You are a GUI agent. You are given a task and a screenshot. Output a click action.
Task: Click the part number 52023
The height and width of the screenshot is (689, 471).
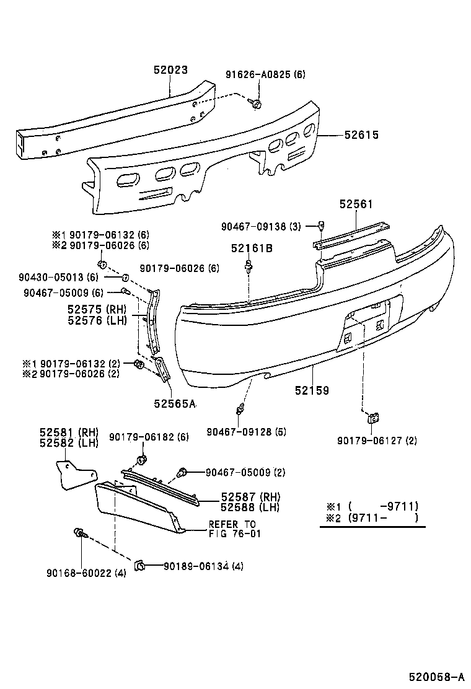[170, 71]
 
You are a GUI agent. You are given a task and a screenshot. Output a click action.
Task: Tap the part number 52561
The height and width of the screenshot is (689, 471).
[356, 204]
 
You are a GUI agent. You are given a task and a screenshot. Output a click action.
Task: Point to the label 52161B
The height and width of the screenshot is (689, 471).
[252, 248]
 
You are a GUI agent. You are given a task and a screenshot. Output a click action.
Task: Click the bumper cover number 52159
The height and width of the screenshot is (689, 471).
[312, 391]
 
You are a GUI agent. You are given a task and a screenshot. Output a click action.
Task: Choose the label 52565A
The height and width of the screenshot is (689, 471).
[175, 403]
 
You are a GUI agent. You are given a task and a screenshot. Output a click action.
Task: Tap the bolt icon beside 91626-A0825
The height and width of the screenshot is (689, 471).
[255, 103]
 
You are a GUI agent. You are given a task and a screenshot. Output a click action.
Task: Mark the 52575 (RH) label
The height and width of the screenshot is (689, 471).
[96, 309]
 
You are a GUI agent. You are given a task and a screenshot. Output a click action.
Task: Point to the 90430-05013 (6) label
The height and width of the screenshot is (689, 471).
[58, 277]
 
